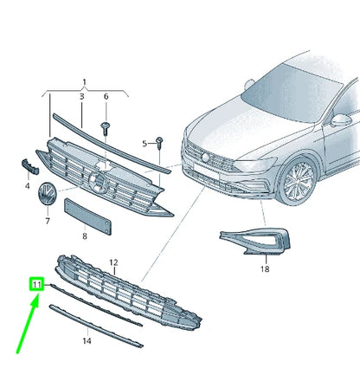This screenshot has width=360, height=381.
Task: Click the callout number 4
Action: [27, 184]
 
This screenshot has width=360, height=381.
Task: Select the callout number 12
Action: [112, 261]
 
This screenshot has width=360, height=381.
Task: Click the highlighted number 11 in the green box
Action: [36, 284]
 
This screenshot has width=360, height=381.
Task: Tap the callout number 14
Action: [86, 341]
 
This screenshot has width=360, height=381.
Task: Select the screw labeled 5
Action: [160, 142]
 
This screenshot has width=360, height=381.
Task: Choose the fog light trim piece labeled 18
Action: [260, 243]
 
